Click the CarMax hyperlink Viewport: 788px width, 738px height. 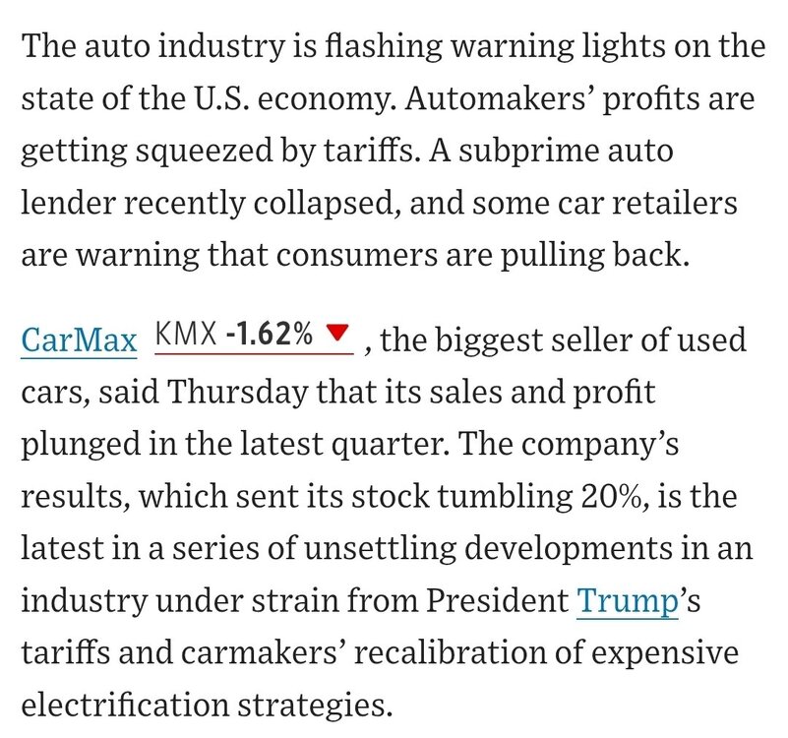coord(79,341)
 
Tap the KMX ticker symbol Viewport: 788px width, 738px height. coord(187,336)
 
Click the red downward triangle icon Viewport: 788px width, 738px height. coord(337,337)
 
